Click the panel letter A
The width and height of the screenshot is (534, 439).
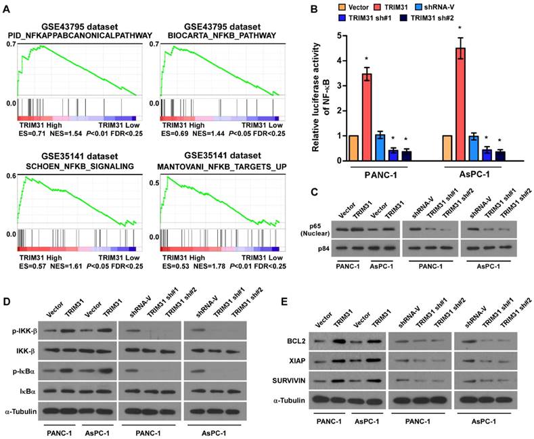[9, 8]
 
